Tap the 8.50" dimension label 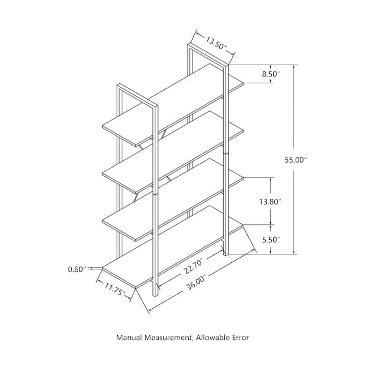click(x=271, y=74)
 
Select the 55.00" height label click(x=295, y=160)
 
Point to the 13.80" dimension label click(x=270, y=202)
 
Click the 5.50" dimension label click(x=271, y=240)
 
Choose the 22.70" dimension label click(x=193, y=266)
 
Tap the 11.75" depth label click(x=115, y=288)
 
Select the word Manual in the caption click(x=129, y=337)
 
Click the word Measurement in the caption click(x=169, y=338)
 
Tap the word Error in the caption click(x=240, y=337)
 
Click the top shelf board click(x=173, y=105)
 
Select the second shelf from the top click(x=173, y=152)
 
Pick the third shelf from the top click(x=173, y=199)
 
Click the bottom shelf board click(x=173, y=247)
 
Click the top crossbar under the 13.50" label click(x=208, y=54)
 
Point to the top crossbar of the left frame click(x=138, y=95)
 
